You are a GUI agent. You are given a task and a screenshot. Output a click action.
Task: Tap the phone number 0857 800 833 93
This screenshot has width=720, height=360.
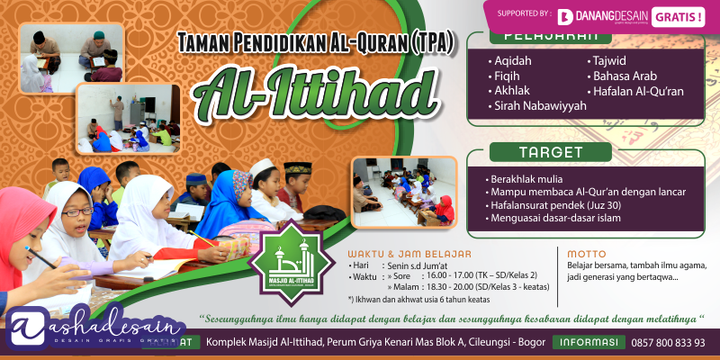667,343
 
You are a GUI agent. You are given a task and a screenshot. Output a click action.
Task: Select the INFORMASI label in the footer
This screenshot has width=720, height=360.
590,343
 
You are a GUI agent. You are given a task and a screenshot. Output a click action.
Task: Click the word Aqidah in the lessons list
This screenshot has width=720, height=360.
513,60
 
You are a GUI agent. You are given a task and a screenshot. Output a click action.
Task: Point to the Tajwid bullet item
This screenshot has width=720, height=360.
614,60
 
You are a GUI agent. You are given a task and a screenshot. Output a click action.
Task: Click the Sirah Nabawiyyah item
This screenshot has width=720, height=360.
540,105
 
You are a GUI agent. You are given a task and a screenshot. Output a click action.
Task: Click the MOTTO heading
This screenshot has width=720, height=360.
586,254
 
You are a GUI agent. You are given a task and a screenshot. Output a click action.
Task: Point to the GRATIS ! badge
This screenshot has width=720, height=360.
679,16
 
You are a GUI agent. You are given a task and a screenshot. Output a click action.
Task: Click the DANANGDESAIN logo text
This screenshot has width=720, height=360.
609,16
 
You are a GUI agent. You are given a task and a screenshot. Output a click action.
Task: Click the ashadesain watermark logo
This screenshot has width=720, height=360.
90,328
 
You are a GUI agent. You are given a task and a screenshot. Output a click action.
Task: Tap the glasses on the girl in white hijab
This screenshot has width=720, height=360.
77,212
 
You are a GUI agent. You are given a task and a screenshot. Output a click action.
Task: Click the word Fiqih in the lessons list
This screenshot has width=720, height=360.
508,76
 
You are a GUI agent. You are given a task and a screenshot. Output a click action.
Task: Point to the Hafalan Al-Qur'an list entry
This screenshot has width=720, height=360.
637,91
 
